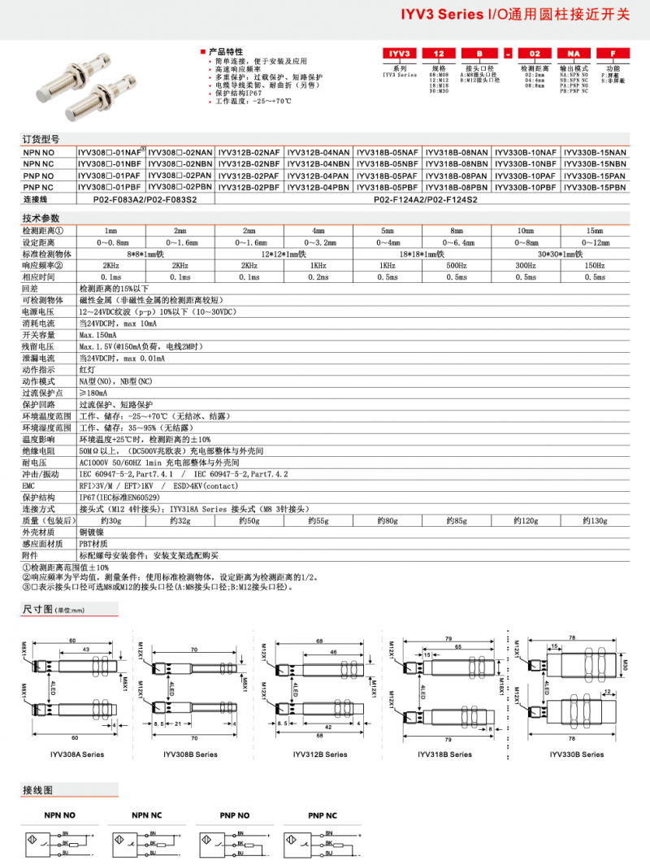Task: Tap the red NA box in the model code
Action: [574, 54]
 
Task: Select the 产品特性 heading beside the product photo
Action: [225, 51]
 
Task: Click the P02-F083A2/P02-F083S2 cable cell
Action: [145, 198]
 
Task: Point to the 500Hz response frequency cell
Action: [457, 266]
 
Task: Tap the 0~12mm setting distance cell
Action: [596, 242]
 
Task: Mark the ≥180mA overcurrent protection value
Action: [93, 393]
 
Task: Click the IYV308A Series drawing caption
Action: [76, 754]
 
